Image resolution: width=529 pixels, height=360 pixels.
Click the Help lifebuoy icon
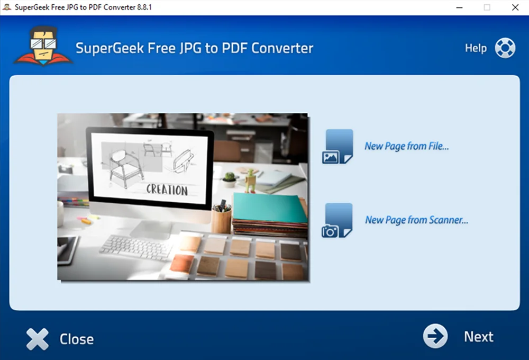click(x=505, y=48)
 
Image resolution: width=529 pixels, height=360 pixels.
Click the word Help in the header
click(x=476, y=48)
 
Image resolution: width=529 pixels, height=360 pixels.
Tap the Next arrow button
click(x=435, y=336)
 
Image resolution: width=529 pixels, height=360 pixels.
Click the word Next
click(x=478, y=337)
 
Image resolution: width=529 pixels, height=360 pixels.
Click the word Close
click(x=77, y=339)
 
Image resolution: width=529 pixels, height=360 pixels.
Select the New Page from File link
click(x=406, y=146)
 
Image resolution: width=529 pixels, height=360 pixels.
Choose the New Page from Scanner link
click(x=416, y=220)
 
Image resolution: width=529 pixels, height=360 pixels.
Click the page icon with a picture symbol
click(x=338, y=147)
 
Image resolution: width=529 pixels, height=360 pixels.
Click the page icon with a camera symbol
click(x=337, y=220)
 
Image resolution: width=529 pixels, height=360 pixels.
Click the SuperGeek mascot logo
click(x=43, y=46)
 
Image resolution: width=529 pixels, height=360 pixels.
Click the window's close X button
click(x=515, y=7)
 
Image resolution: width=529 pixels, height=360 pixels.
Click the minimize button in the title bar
click(x=459, y=7)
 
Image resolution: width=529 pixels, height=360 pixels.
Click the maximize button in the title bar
click(x=487, y=7)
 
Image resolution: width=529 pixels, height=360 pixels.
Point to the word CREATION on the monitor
click(x=167, y=190)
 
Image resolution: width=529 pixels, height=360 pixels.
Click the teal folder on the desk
click(x=269, y=208)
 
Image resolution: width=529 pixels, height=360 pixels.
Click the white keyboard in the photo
click(x=136, y=248)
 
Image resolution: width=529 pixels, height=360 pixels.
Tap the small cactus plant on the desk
click(x=230, y=179)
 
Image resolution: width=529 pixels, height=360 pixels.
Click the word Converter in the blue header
click(x=282, y=48)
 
